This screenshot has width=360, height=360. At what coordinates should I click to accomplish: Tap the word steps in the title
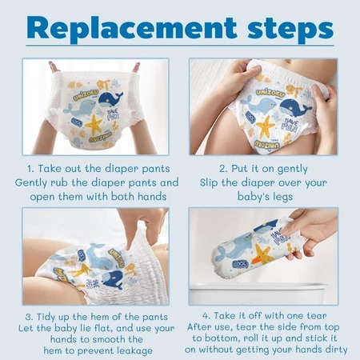[290, 30]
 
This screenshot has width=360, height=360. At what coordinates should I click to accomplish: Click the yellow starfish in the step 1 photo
[94, 124]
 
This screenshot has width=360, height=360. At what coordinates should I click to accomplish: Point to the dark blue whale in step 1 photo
[110, 98]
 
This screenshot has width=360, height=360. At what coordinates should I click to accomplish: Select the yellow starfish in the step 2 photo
[266, 127]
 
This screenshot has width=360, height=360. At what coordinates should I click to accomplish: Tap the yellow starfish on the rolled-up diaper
[263, 254]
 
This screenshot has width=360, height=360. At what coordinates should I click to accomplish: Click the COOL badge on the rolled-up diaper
[240, 264]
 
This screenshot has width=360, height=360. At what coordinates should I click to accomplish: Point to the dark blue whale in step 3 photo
[114, 279]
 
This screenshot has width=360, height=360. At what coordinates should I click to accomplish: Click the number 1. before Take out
[30, 169]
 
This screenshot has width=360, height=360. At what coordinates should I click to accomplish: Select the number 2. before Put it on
[223, 169]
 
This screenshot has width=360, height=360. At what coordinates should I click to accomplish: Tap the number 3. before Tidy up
[30, 317]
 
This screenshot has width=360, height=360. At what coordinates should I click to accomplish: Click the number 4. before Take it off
[206, 316]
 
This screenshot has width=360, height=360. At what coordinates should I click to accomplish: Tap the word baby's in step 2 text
[250, 197]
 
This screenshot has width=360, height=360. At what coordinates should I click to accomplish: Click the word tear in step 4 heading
[317, 316]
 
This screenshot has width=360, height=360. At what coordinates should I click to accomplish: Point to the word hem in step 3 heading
[99, 317]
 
